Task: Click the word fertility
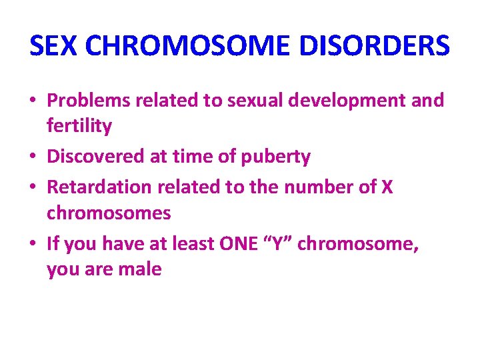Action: (79, 125)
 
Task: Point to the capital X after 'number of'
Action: (387, 188)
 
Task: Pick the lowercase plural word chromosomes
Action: (109, 213)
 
